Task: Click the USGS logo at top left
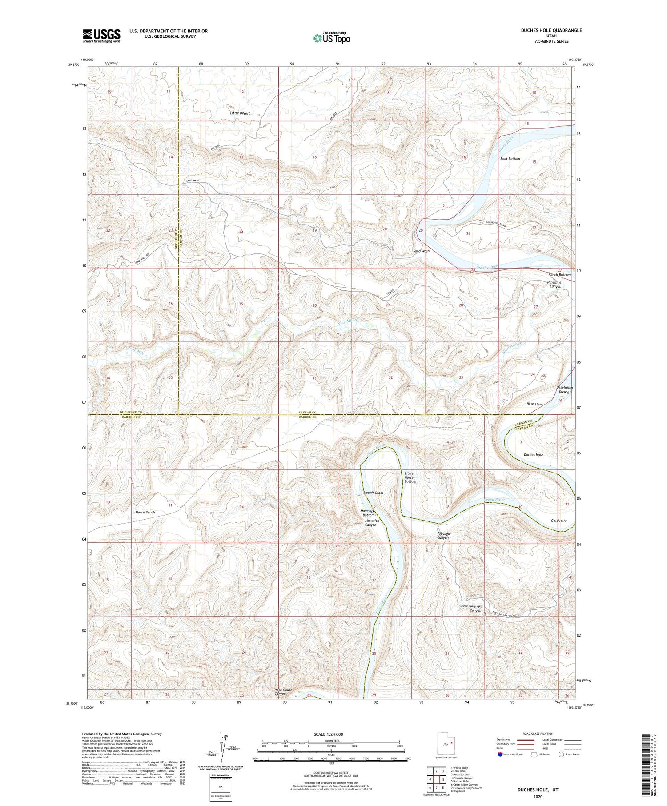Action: click(101, 36)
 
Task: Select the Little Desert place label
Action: click(240, 113)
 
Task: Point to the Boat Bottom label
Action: click(510, 159)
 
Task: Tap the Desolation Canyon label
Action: click(565, 389)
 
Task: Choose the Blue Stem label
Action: click(534, 404)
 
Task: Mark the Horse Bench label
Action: click(145, 512)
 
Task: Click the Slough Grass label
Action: click(373, 493)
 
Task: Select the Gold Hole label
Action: click(559, 521)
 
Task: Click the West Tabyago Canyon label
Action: click(471, 608)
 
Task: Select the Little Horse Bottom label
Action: click(410, 477)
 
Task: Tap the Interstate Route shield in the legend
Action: click(501, 754)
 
